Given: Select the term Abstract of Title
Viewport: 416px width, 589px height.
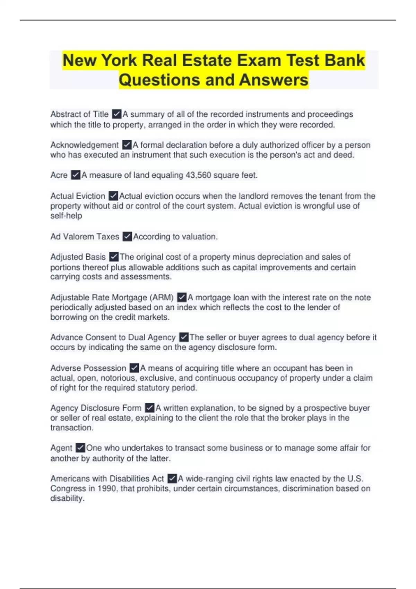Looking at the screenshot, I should click(x=79, y=114).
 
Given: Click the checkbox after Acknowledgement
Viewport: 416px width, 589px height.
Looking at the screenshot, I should click(x=127, y=145).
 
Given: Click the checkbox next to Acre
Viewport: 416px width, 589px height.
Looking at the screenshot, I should click(x=76, y=175).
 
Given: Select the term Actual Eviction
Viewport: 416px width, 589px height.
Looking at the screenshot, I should click(x=78, y=196).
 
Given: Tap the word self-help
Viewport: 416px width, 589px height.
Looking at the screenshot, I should click(x=66, y=216).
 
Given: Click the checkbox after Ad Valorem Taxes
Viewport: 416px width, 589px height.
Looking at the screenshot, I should click(x=128, y=237).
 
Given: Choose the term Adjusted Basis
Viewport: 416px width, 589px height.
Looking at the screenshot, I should click(x=78, y=257).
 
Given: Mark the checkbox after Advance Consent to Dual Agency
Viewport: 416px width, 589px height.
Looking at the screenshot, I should click(x=184, y=337).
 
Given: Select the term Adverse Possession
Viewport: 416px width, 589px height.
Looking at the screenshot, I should click(x=88, y=368).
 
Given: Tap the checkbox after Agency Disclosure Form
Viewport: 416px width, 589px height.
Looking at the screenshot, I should click(x=150, y=408).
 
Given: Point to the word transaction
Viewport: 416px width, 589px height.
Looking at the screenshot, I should click(x=72, y=428).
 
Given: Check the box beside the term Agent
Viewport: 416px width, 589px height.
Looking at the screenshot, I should click(x=80, y=448).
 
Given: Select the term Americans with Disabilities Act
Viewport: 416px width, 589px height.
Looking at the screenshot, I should click(x=107, y=479).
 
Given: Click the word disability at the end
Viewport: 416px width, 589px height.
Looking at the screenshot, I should click(x=67, y=499).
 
